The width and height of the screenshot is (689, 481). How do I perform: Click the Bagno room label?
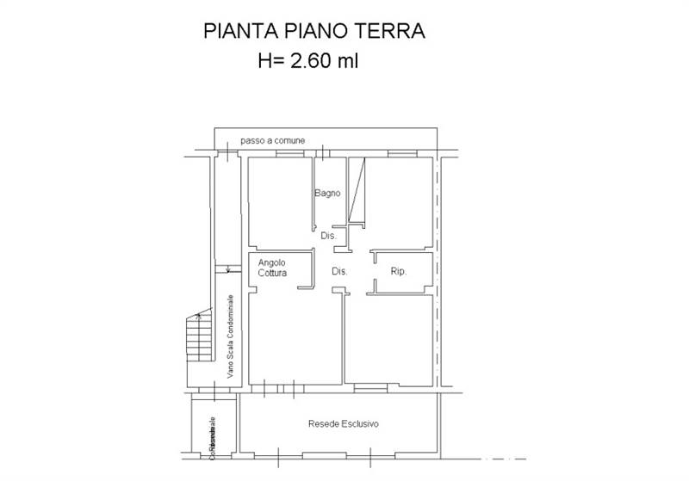point(327,193)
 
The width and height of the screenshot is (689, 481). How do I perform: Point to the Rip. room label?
point(399,272)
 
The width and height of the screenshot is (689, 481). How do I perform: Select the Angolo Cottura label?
point(271,268)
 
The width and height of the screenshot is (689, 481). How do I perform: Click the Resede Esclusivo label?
point(344,424)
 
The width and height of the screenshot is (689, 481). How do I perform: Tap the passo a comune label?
point(273,140)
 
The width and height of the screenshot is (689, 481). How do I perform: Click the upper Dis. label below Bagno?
point(328,236)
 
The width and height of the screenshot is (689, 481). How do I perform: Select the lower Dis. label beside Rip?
point(339,272)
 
